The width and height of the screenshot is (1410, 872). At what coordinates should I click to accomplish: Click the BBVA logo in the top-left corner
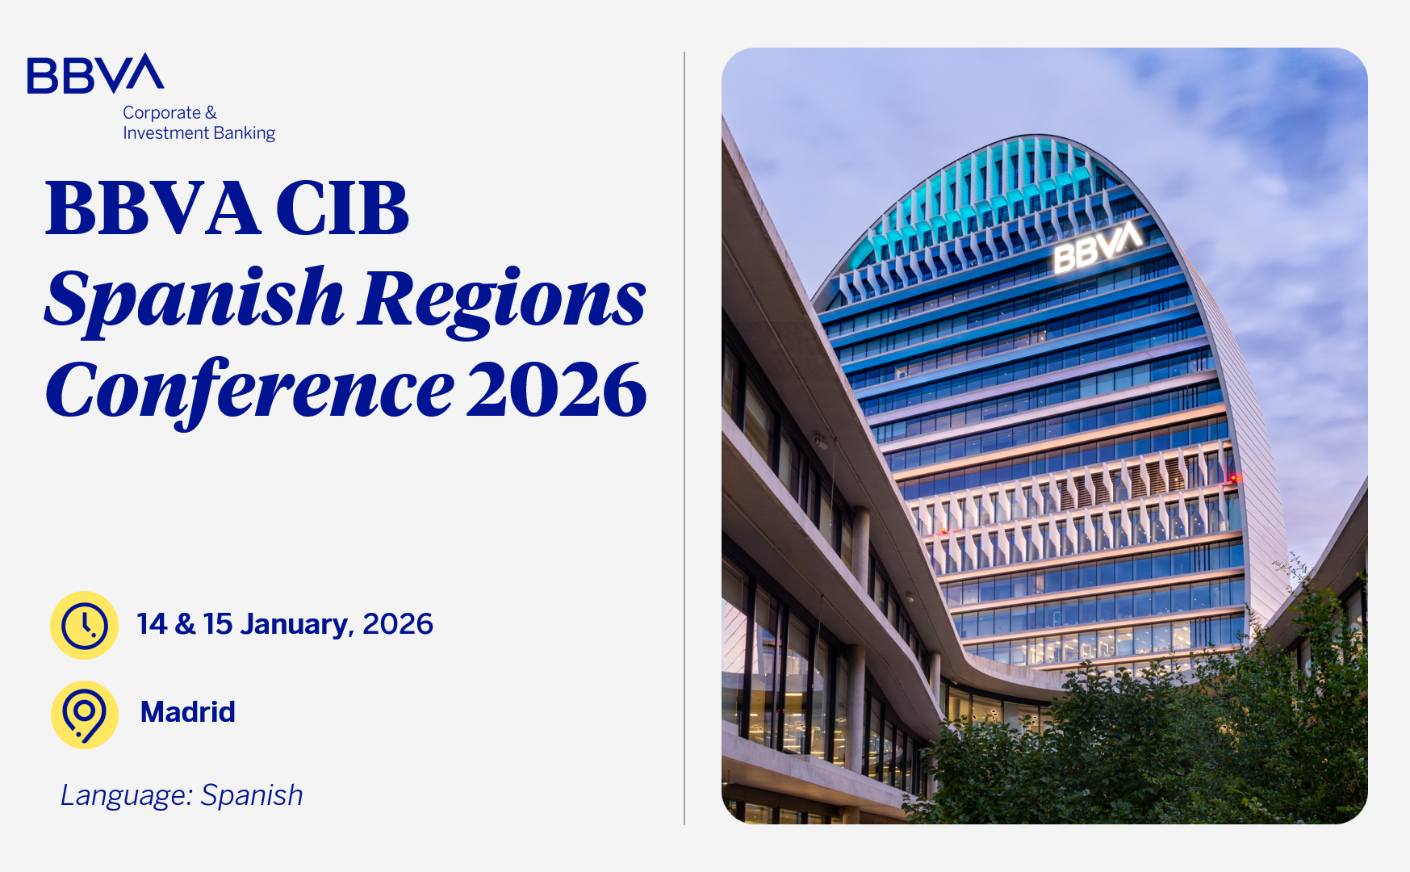pyautogui.click(x=95, y=73)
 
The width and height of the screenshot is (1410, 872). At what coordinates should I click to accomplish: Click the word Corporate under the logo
pyautogui.click(x=161, y=113)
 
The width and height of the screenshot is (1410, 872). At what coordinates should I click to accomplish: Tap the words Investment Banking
pyautogui.click(x=199, y=133)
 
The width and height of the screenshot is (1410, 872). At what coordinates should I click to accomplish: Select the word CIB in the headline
pyautogui.click(x=342, y=208)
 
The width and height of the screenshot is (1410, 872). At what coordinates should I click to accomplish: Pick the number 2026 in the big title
pyautogui.click(x=557, y=390)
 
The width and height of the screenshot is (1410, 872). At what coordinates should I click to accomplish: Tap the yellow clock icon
pyautogui.click(x=85, y=625)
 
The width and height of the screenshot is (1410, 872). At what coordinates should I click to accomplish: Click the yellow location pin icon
pyautogui.click(x=85, y=715)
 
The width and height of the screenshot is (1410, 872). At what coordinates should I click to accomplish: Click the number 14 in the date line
pyautogui.click(x=152, y=624)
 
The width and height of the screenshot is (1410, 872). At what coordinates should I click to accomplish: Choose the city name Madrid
pyautogui.click(x=188, y=712)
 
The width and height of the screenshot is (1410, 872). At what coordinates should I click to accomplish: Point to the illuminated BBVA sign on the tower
pyautogui.click(x=1098, y=245)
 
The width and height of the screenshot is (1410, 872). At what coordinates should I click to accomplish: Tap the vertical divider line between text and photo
pyautogui.click(x=684, y=438)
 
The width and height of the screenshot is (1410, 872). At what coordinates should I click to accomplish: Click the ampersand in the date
pyautogui.click(x=185, y=624)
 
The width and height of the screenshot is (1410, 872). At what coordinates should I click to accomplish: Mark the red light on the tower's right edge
pyautogui.click(x=1234, y=478)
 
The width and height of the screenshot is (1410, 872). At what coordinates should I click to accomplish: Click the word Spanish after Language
pyautogui.click(x=252, y=796)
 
